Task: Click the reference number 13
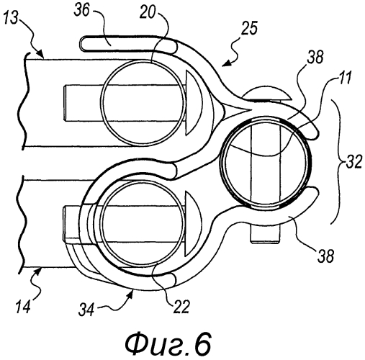11,17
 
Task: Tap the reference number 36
82,11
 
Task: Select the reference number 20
148,12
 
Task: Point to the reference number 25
250,28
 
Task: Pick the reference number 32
353,161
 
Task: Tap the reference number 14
23,306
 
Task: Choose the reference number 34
86,310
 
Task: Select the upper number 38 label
315,57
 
